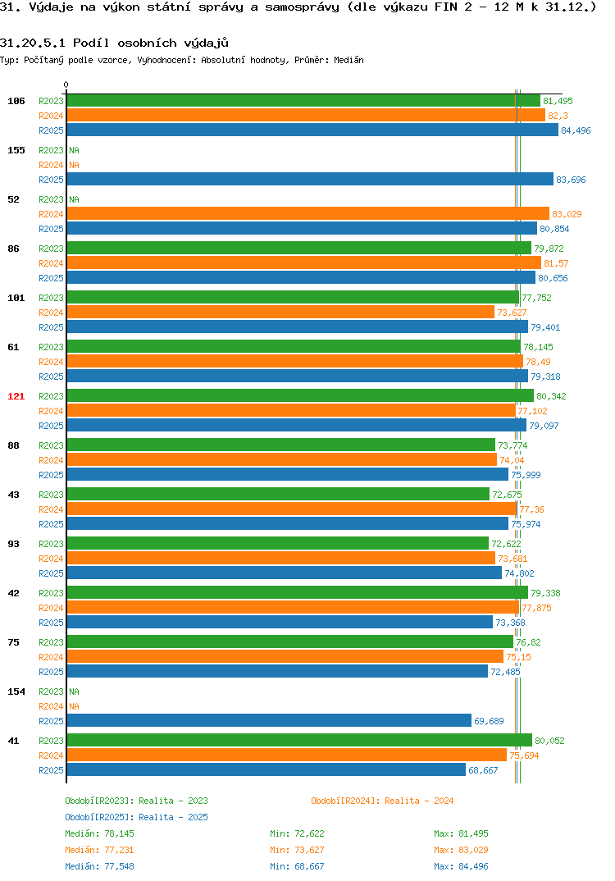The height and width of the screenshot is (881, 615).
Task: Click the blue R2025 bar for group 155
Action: point(310,179)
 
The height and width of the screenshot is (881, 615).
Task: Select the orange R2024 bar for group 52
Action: point(307,213)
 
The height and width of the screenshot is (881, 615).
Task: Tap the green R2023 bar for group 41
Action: point(299,740)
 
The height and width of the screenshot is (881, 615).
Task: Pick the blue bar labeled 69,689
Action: point(269,720)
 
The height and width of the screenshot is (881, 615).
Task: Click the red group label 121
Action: point(16,396)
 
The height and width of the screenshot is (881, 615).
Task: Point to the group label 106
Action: point(16,101)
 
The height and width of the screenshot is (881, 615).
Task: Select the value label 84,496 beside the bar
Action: point(576,130)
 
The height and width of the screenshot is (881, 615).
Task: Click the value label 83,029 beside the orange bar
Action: point(567,214)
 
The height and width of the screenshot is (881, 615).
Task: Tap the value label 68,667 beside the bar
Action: point(483,770)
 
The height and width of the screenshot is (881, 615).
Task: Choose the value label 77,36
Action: point(532,509)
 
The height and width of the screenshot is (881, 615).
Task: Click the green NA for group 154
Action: point(74,692)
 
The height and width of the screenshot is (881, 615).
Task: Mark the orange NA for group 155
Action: point(74,165)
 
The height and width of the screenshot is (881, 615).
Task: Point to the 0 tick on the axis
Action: point(66,84)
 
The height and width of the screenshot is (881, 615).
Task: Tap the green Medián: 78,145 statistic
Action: point(99,833)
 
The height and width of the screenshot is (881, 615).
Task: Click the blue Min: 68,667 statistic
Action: point(297,866)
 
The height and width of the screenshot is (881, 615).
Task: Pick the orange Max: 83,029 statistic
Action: point(461,850)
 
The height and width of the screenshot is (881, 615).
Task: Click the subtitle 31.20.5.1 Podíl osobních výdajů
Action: point(114,43)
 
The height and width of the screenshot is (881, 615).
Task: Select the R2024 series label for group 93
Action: point(51,559)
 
